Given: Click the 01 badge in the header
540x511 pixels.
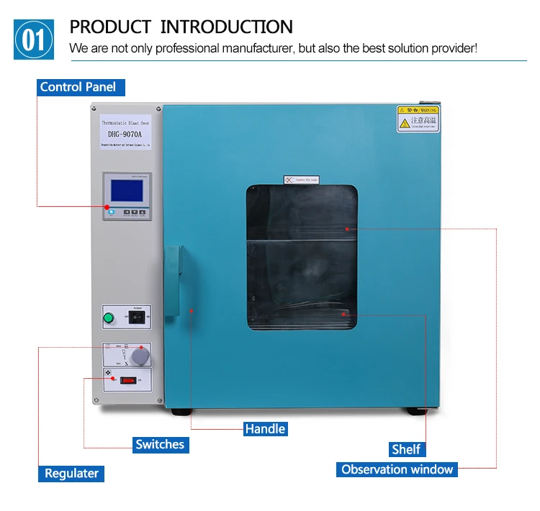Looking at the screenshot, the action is [x=34, y=40].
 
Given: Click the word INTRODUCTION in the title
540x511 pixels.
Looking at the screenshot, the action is [x=226, y=27].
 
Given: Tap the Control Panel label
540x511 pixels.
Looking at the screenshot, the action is [x=78, y=87].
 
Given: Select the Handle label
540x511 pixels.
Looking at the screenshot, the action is [x=265, y=429].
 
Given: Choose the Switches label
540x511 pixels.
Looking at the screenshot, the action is [x=160, y=444].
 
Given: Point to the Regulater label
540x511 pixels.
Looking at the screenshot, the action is [x=71, y=473].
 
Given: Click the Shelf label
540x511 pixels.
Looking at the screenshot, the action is [x=406, y=449].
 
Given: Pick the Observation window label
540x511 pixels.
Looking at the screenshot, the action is [x=397, y=469].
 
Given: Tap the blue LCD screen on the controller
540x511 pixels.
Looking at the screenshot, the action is [x=126, y=190].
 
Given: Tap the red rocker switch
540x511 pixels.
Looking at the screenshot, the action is [x=127, y=380].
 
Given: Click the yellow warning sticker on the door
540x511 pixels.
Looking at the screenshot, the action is [x=418, y=119].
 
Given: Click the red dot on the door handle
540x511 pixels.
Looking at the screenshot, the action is [x=192, y=310].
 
